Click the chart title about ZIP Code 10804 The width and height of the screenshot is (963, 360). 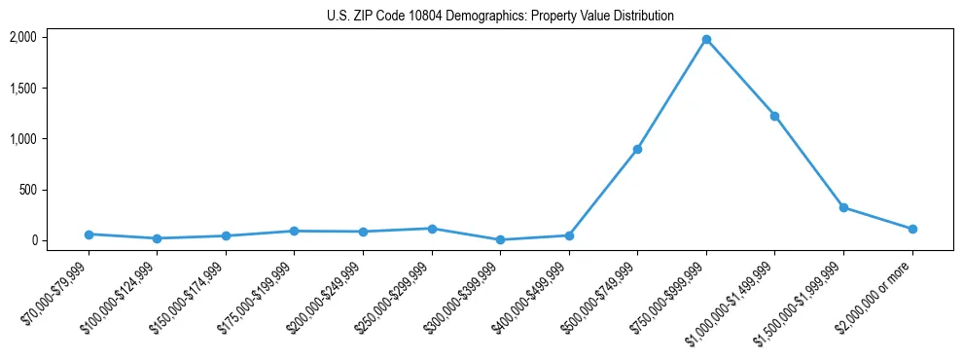click(x=500, y=17)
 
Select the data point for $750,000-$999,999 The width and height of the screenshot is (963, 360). click(x=706, y=40)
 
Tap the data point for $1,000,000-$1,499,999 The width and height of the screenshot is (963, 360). click(x=774, y=116)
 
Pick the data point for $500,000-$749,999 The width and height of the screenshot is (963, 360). click(x=637, y=149)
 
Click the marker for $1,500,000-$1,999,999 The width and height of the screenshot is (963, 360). click(x=843, y=207)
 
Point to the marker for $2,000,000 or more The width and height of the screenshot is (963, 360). click(x=911, y=230)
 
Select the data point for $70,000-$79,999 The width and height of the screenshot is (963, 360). click(x=89, y=234)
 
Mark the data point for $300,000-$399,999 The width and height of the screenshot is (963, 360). click(x=500, y=239)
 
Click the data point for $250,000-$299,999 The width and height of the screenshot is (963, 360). click(x=432, y=229)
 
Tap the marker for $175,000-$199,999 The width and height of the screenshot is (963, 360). click(x=295, y=231)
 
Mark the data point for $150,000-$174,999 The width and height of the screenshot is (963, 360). click(x=226, y=235)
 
